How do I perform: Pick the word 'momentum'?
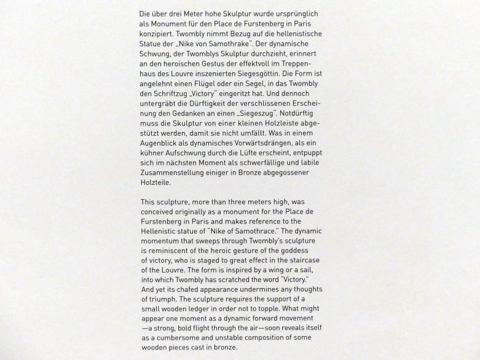pyautogui.click(x=162, y=240)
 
